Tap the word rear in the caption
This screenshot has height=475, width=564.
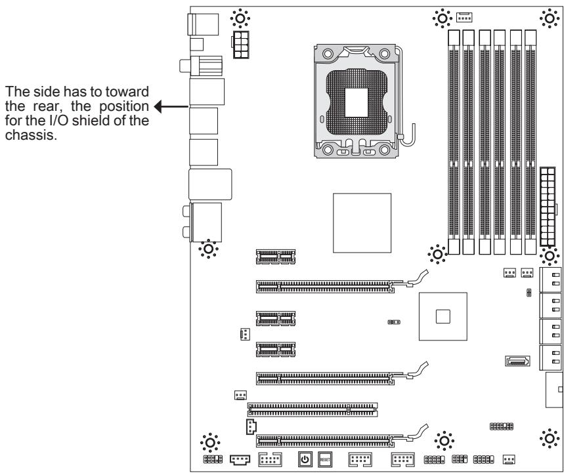pos(40,106)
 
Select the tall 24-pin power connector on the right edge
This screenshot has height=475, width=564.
pos(546,206)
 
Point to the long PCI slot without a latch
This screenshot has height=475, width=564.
pos(313,410)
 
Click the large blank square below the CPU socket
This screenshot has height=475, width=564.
pos(362,222)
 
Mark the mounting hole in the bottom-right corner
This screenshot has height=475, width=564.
pos(547,438)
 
